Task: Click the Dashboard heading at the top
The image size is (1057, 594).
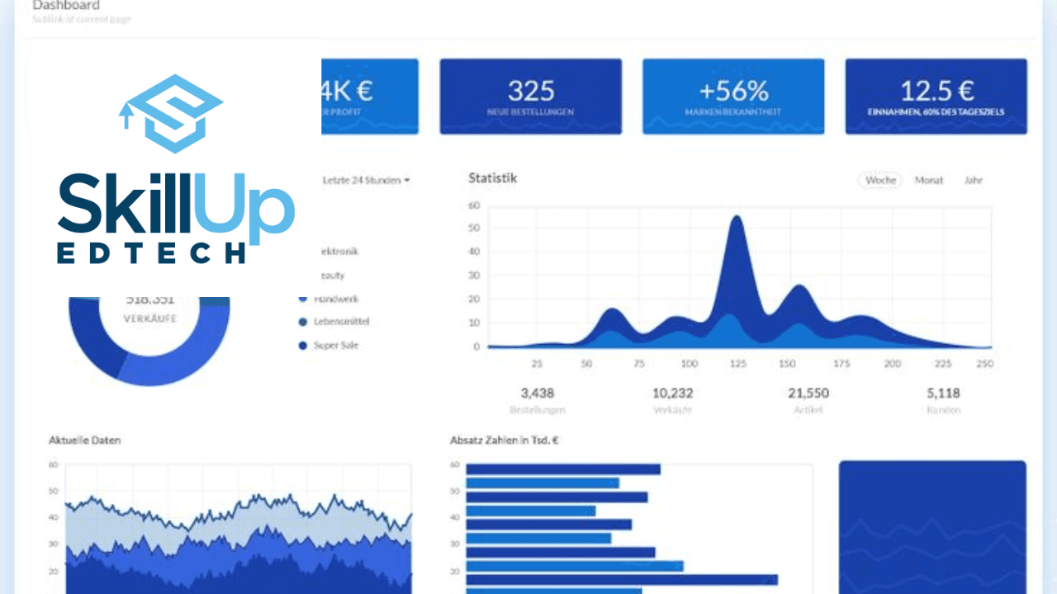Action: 66,6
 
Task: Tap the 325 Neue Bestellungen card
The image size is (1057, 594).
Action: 530,96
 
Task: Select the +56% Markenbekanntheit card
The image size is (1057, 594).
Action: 733,96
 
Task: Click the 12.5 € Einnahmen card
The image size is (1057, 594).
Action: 936,96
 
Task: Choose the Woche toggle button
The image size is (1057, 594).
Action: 880,180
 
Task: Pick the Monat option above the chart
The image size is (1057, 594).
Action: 929,180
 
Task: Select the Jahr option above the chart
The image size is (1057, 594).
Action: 974,180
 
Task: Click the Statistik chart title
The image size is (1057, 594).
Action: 492,177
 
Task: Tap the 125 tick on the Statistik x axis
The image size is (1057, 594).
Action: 738,364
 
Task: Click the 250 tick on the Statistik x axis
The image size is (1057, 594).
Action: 984,364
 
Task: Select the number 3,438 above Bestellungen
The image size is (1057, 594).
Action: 538,393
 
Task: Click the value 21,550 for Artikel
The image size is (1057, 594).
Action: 808,393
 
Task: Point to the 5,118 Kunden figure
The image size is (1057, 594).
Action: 943,393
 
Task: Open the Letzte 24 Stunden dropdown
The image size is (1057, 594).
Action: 367,180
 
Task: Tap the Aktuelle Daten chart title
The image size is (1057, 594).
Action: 84,441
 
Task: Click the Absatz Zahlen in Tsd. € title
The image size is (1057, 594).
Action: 504,441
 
